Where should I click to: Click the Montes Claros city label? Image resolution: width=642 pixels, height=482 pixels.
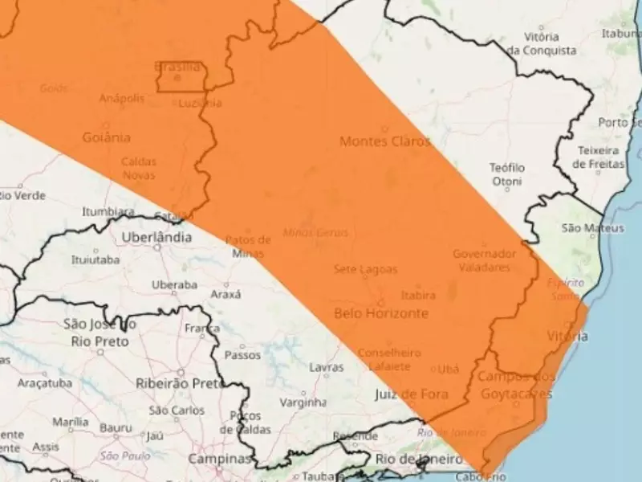pyautogui.click(x=384, y=141)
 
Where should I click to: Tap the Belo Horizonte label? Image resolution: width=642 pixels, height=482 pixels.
pyautogui.click(x=380, y=313)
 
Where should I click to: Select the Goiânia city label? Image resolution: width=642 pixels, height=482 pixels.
pyautogui.click(x=106, y=137)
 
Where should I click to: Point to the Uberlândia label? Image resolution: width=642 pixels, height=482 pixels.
pyautogui.click(x=156, y=237)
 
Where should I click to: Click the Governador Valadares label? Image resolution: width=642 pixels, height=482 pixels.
pyautogui.click(x=481, y=259)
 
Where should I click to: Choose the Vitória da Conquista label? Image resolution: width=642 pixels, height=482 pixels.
pyautogui.click(x=541, y=43)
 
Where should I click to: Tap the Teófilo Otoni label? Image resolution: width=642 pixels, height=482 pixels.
pyautogui.click(x=507, y=174)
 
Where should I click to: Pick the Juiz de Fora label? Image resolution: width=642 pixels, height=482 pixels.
pyautogui.click(x=411, y=394)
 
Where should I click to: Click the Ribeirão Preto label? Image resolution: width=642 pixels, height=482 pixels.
pyautogui.click(x=179, y=383)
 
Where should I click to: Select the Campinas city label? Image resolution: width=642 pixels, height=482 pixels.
pyautogui.click(x=219, y=459)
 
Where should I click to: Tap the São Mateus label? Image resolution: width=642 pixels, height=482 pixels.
pyautogui.click(x=592, y=228)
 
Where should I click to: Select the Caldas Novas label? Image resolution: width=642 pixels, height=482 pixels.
pyautogui.click(x=139, y=168)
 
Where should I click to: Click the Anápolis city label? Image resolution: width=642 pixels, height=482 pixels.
pyautogui.click(x=122, y=98)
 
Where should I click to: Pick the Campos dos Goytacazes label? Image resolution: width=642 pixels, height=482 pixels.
pyautogui.click(x=514, y=385)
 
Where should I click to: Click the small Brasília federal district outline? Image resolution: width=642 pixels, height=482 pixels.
pyautogui.click(x=179, y=76)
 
